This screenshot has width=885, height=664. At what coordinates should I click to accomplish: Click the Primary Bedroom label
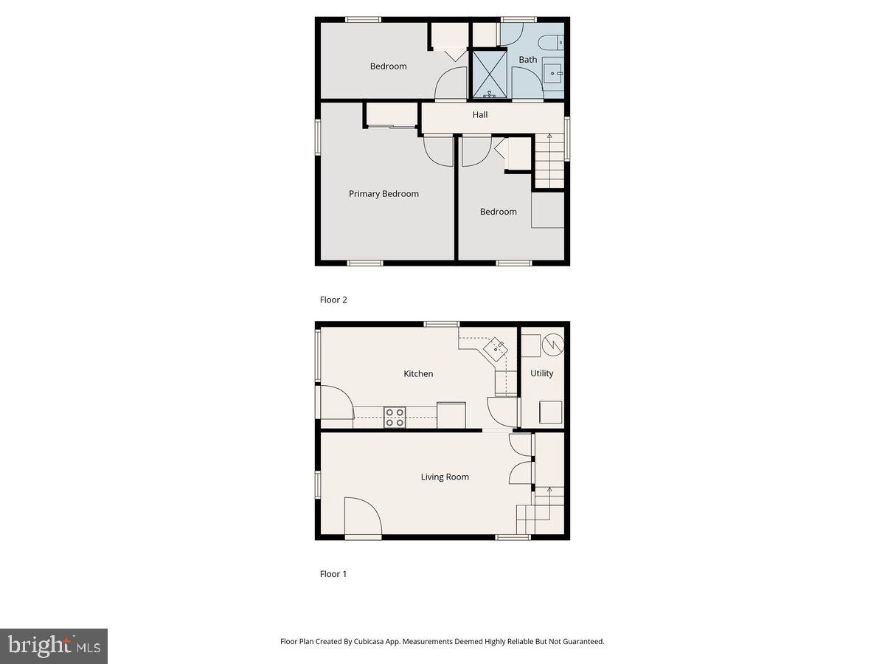click(383, 194)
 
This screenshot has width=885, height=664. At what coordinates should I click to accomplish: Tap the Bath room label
click(528, 59)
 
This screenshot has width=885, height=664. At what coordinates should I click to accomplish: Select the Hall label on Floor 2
click(480, 114)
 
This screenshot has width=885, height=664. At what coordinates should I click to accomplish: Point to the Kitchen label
click(418, 373)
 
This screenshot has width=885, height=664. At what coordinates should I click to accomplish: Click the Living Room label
click(445, 477)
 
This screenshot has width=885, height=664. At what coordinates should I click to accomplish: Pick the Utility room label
click(542, 373)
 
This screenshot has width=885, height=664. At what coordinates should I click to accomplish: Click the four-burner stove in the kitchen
click(395, 418)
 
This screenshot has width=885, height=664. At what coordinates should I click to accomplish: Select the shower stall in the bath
click(489, 74)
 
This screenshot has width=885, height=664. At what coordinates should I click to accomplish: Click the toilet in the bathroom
click(551, 43)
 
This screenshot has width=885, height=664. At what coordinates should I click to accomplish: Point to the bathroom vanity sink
click(553, 72)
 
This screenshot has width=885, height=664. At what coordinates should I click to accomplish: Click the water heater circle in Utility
click(553, 343)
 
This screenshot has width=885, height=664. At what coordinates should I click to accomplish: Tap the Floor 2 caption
click(333, 300)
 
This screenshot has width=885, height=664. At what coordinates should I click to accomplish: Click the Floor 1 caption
click(333, 573)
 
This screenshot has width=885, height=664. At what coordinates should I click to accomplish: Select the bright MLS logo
click(54, 646)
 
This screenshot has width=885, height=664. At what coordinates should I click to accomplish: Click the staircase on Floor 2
click(549, 161)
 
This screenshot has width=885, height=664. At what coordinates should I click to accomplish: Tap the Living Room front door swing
click(362, 518)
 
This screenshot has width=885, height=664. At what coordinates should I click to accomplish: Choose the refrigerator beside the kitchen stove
click(451, 415)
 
